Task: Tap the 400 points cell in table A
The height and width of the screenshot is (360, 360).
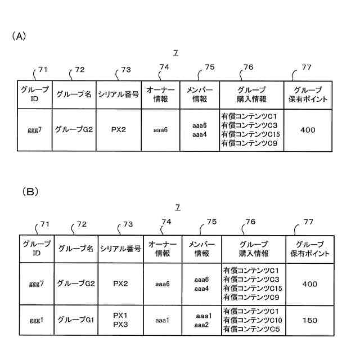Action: tap(308, 130)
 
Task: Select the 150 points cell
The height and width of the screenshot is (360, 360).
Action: tap(310, 320)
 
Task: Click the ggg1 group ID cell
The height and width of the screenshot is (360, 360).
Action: tap(37, 320)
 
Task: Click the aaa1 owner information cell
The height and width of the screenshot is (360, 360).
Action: tap(163, 320)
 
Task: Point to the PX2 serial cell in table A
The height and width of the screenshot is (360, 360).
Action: tap(118, 130)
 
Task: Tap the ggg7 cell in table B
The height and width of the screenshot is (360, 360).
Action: tap(37, 284)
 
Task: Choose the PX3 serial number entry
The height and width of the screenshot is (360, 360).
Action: tap(121, 325)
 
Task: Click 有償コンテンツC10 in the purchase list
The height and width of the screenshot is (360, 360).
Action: tap(251, 320)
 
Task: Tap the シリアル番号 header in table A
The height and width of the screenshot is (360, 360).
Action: tap(118, 95)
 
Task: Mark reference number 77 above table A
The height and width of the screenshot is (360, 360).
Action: tap(307, 67)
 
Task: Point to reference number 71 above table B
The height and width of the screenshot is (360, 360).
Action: tap(44, 224)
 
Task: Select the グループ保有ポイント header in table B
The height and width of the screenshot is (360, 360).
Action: tap(310, 249)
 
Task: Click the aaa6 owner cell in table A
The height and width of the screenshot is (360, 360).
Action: tap(160, 130)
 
